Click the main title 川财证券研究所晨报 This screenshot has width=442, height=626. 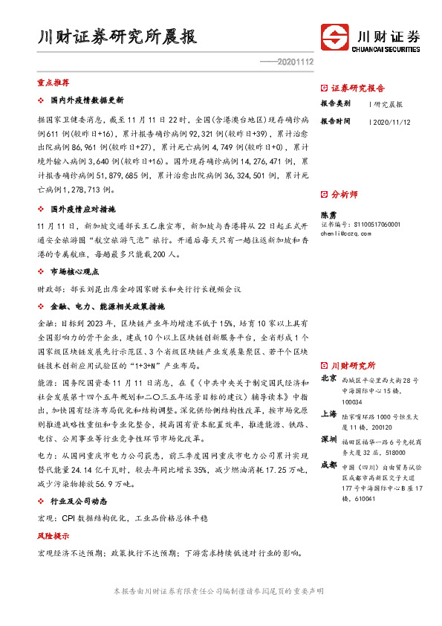point(117,37)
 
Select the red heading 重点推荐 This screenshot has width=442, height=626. point(53,83)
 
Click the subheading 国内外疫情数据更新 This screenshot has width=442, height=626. point(86,100)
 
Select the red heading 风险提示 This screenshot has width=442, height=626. point(53,535)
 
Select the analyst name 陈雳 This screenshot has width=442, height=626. point(328,213)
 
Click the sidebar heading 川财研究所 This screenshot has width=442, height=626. point(352,366)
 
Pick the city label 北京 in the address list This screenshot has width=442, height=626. point(328,378)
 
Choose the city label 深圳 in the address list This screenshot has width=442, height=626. point(328,439)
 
